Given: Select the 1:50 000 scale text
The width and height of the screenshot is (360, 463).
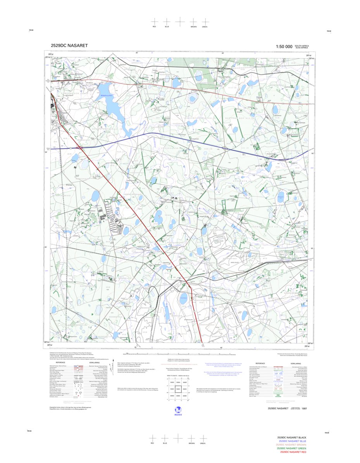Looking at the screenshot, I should click(284, 47).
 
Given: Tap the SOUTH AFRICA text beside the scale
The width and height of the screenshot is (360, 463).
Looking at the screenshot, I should click(302, 45).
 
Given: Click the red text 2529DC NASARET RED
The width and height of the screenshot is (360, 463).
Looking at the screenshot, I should click(293, 452).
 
